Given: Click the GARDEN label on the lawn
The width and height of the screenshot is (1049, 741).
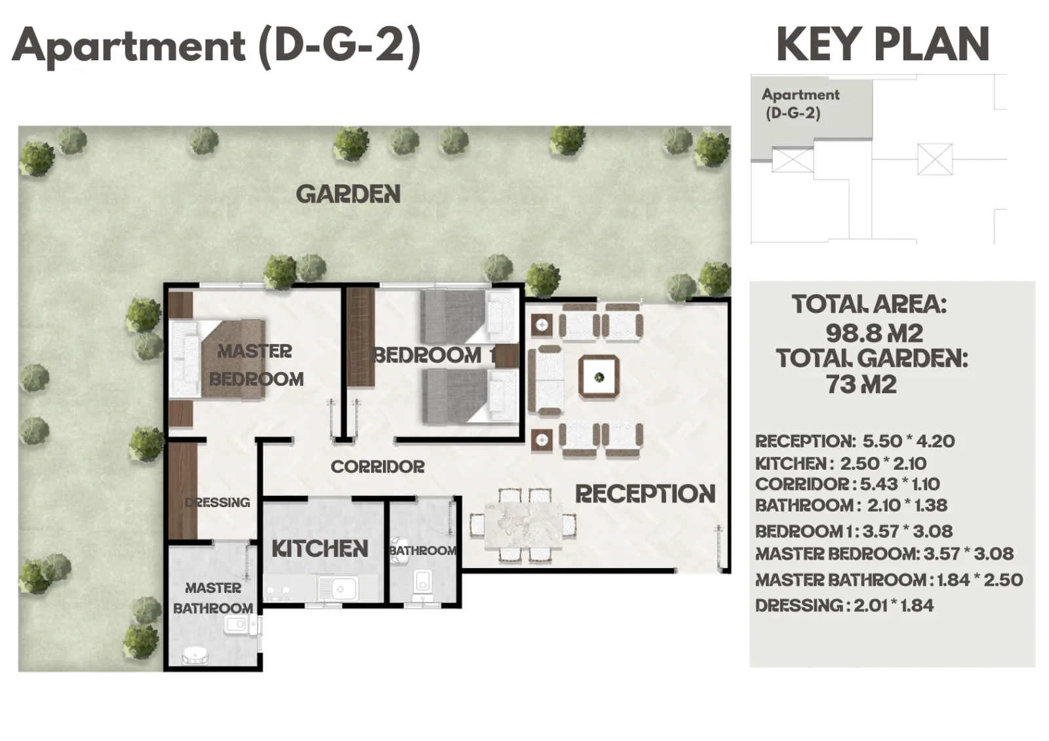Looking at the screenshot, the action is coord(348,194).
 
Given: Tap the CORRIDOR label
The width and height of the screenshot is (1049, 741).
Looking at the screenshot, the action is coord(378,466).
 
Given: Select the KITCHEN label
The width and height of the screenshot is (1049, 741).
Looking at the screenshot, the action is coord(321,548).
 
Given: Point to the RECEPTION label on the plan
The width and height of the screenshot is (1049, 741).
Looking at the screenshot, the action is coord(645,494).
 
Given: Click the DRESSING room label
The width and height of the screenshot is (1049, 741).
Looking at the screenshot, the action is coord(217,503).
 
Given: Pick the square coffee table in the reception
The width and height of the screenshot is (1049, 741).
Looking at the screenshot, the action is coord(599,377).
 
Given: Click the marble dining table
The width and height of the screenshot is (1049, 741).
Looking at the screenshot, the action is coord(523,524).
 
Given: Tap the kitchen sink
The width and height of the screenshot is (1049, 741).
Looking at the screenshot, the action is coord(338,589).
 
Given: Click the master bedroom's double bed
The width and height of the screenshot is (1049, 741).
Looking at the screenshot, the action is coord(217,359).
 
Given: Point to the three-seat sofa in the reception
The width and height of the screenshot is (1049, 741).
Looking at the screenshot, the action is coord(545,381).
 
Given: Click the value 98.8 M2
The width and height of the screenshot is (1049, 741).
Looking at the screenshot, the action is coord(875,333).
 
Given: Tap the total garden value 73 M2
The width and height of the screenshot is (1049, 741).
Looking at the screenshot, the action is coord(861,385).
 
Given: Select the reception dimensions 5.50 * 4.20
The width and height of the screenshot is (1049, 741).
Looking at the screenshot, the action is coord(909,442).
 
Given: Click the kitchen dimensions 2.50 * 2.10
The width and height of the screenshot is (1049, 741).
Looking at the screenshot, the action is coord(883,464).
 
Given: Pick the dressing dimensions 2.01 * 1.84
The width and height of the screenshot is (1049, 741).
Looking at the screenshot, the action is coord(894,606).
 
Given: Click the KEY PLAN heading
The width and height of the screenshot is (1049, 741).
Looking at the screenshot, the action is coord(882,45).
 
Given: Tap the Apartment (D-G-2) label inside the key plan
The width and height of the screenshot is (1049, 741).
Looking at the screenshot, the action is coord(801,104).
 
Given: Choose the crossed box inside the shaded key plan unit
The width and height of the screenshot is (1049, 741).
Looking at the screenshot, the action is coord(793,160).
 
